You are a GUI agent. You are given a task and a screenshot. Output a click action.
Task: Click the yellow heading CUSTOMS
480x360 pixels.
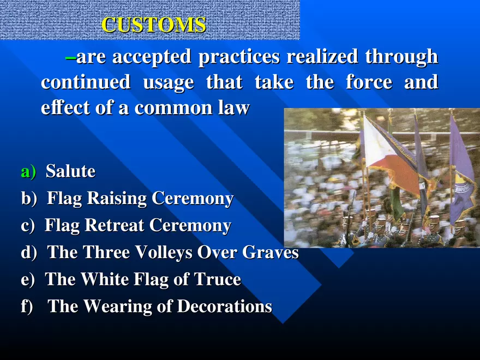pyautogui.click(x=154, y=25)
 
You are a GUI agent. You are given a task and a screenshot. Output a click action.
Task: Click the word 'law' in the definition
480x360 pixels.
pyautogui.click(x=235, y=108)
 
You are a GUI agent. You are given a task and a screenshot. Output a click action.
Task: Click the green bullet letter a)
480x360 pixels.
pyautogui.click(x=28, y=172)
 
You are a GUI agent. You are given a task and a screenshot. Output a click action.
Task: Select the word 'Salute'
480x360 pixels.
pyautogui.click(x=70, y=172)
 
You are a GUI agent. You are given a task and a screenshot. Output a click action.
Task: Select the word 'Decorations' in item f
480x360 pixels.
pyautogui.click(x=224, y=307)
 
